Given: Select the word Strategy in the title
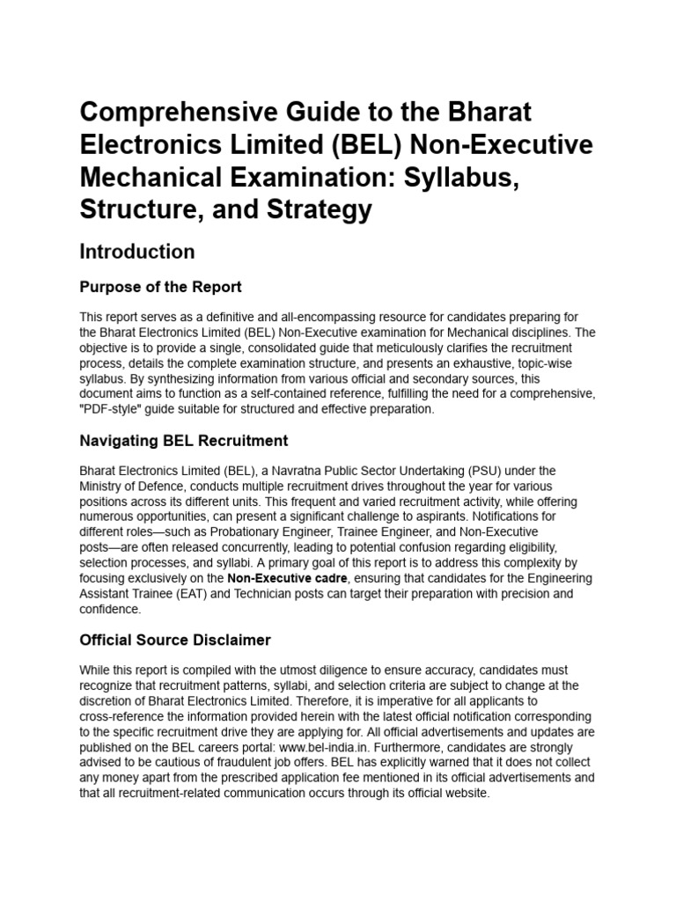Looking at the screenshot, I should (x=317, y=210).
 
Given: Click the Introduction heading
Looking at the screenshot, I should (x=137, y=252).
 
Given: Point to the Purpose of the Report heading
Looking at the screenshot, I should (x=161, y=288).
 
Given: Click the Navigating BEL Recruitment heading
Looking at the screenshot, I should (x=184, y=440).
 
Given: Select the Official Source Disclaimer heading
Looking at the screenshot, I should (x=175, y=640).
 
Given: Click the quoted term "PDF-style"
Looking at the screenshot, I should (x=112, y=408).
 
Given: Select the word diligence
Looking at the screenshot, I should (x=339, y=670).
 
